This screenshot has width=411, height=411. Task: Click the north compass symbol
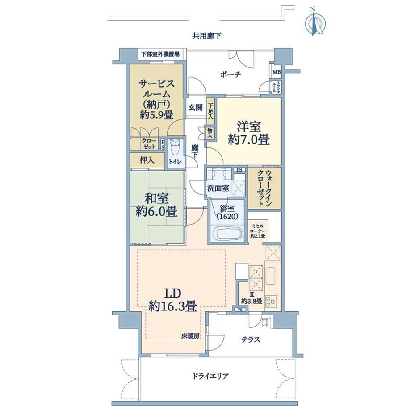pos(315,22)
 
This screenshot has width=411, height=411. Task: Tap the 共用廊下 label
pos(206,36)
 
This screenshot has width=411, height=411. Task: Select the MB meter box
pos(277,72)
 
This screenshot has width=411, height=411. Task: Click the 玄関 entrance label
pos(196,107)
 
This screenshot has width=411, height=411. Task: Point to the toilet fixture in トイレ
pos(175,148)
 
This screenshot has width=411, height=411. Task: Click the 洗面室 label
pos(218,188)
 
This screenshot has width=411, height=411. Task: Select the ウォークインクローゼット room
pos(264,188)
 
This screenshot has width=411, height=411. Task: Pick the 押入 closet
pos(147,160)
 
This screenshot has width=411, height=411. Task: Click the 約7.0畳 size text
pos(249,139)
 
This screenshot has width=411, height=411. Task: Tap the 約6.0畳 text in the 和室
pos(156,211)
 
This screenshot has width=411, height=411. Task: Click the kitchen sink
pos(271,277)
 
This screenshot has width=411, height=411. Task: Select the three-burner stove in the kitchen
pos(271,302)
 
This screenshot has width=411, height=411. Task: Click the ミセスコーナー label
pos(258,231)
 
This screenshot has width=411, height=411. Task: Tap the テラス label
pos(251,340)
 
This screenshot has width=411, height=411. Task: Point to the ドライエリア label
pos(210,377)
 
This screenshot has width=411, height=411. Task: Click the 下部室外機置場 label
pos(160,55)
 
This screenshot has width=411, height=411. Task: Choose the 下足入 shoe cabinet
pos(210,111)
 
